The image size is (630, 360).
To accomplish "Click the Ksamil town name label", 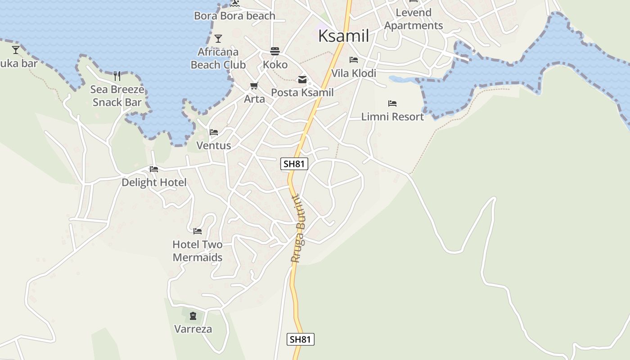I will coord(343,36).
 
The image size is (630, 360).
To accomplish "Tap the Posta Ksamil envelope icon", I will coord(302,80).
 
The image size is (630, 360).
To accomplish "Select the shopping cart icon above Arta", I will coord(254,85).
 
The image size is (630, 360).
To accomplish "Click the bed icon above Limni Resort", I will coord(392,103).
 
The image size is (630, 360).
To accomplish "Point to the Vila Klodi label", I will coord(354,73).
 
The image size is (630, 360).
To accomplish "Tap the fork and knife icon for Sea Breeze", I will coord(117,75).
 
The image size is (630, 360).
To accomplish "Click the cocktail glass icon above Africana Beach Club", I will coord(218,39).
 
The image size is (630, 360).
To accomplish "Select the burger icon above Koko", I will coord(275,51).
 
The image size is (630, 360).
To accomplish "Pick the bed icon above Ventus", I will coord(214,132).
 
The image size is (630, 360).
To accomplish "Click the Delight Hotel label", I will coord(154,182).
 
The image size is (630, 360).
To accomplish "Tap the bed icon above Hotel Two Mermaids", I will coord(198,231).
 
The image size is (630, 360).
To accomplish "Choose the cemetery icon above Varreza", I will coord(193,315).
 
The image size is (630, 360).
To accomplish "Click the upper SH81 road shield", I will coord(294,164).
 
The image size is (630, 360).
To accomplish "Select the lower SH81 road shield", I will coord(300,339).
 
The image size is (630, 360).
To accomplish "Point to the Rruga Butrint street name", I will coord(298,229).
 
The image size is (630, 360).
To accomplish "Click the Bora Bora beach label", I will coord(234,16).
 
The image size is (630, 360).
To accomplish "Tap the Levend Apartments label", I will coord(414,19).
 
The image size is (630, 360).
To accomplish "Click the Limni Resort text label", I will coord(392,117).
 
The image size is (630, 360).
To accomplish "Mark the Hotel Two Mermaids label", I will coord(198,251).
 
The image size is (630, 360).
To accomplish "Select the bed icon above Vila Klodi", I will coord(354,60).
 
